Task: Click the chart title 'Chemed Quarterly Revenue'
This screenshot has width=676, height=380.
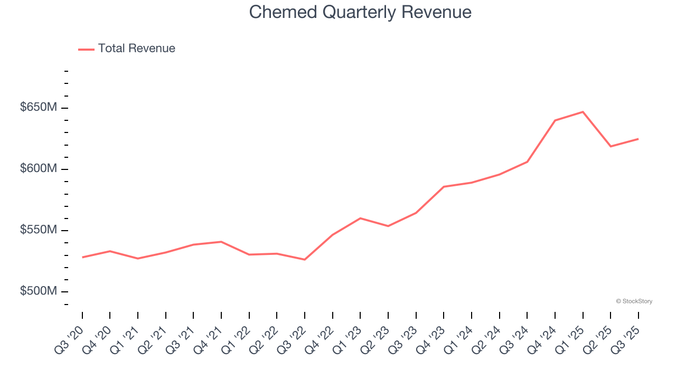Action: pyautogui.click(x=360, y=12)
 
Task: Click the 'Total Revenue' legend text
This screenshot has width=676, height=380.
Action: pyautogui.click(x=136, y=49)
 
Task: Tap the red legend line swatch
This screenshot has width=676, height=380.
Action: pyautogui.click(x=86, y=49)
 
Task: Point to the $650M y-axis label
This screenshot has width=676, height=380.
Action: pyautogui.click(x=39, y=108)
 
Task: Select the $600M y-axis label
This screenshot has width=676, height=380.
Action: pyautogui.click(x=39, y=169)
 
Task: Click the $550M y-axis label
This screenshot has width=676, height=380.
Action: pyautogui.click(x=39, y=230)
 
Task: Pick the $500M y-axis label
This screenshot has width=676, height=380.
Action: pyautogui.click(x=39, y=291)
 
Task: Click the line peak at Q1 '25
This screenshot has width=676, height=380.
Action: pyautogui.click(x=583, y=112)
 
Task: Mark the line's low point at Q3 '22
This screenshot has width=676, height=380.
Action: pyautogui.click(x=305, y=260)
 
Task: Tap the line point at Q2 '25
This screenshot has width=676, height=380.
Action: pyautogui.click(x=611, y=146)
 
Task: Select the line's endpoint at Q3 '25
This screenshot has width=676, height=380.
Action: pyautogui.click(x=639, y=139)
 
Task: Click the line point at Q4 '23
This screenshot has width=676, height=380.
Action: pyautogui.click(x=444, y=187)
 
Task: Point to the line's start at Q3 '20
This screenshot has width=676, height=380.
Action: pyautogui.click(x=82, y=258)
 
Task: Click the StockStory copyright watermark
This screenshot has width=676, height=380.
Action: pyautogui.click(x=634, y=301)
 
